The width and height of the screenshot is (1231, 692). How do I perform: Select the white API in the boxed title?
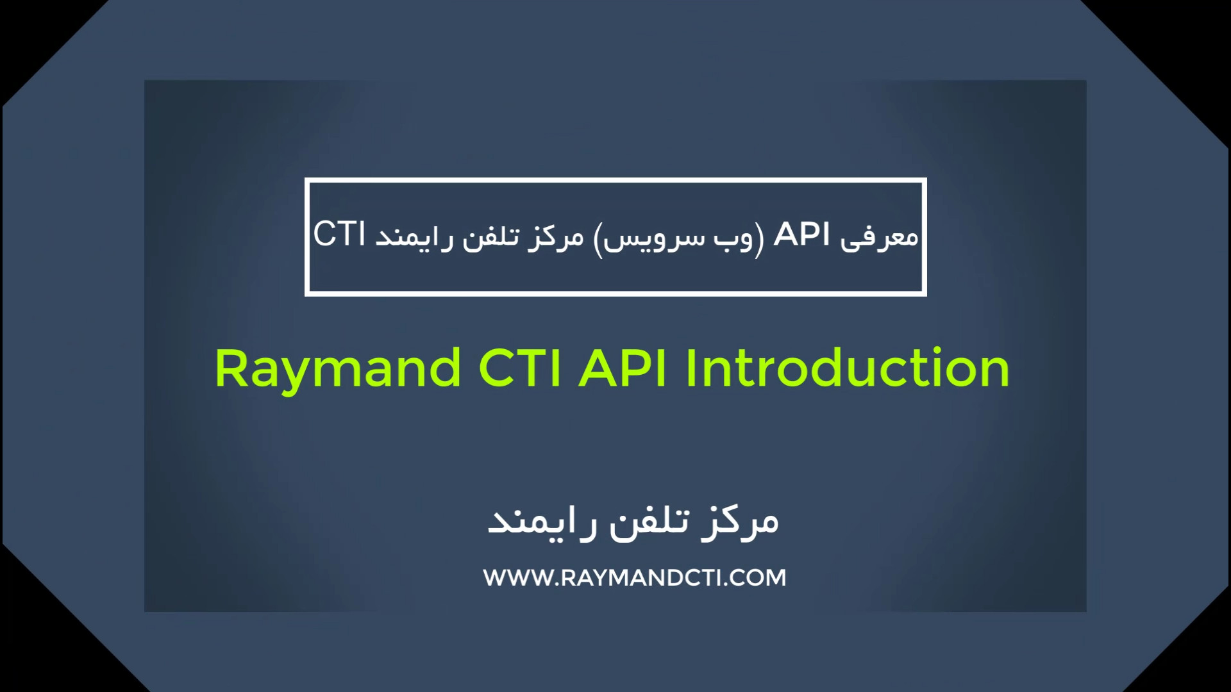click(x=801, y=234)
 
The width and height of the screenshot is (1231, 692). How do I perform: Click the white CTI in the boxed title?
click(x=339, y=234)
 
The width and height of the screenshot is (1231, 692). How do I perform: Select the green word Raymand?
click(x=339, y=370)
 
